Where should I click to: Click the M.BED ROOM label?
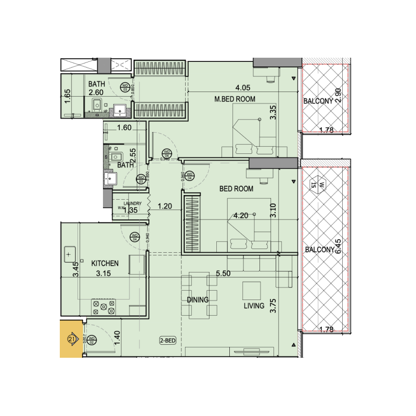coord(235,99)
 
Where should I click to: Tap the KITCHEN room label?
coord(106,264)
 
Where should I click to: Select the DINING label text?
coord(198,300)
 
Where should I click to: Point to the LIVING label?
coord(254,306)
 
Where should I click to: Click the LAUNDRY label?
coord(127,204)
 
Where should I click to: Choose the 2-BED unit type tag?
coord(169,341)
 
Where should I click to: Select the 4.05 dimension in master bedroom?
coord(243,88)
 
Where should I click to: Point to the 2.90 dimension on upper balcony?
coord(338,95)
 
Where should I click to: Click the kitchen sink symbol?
coord(69,255)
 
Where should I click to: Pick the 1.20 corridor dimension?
coord(165,206)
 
